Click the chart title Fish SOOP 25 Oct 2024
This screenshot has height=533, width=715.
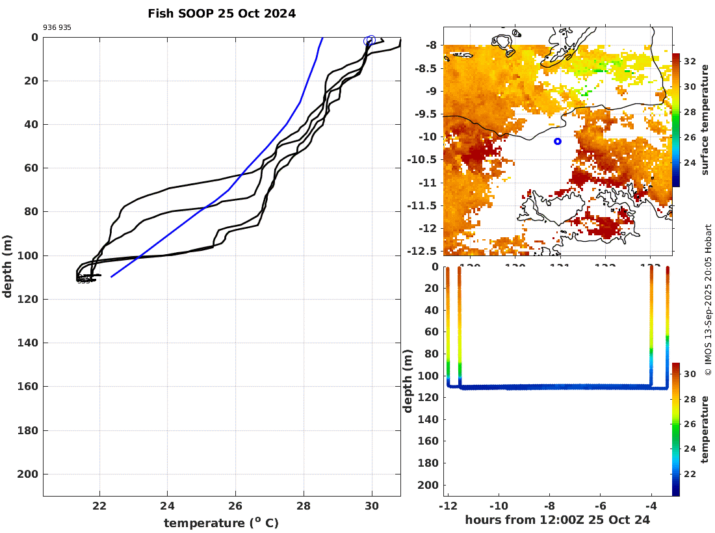coord(222,14)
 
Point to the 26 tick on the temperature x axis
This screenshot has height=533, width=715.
coord(235,506)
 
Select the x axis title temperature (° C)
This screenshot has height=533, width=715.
coord(221,523)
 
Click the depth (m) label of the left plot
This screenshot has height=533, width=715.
coord(8,266)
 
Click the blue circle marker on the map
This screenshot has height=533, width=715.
coord(557,141)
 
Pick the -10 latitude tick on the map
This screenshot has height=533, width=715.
coord(429,136)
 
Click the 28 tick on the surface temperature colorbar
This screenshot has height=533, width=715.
coord(690,112)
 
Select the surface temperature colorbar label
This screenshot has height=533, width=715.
coord(706,120)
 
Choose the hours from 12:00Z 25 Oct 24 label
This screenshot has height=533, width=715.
coord(558,520)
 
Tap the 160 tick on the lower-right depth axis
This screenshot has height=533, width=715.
coord(429,441)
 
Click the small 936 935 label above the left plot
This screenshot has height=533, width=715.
coord(57,27)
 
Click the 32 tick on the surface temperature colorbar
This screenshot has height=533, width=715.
coord(690,62)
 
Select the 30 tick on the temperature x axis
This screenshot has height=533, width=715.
coord(372,506)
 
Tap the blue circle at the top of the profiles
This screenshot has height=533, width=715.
coord(370,41)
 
